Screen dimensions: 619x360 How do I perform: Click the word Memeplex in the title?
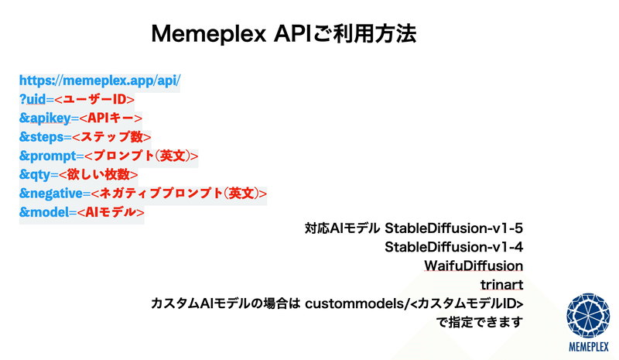pyautogui.click(x=209, y=34)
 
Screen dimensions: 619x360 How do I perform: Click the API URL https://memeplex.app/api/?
pyautogui.click(x=100, y=81)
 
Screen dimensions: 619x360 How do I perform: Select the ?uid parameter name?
pyautogui.click(x=32, y=99)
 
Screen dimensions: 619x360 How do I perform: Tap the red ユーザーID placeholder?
pyautogui.click(x=94, y=99)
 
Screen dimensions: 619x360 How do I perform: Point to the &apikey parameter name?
pyautogui.click(x=45, y=118)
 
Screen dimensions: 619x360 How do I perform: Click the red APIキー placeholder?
pyautogui.click(x=111, y=118)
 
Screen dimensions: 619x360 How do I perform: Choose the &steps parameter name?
pyautogui.click(x=42, y=137)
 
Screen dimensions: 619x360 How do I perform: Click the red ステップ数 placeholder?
pyautogui.click(x=111, y=137)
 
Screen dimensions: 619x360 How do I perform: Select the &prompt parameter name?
pyautogui.click(x=48, y=156)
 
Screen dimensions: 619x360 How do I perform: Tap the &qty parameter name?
pyautogui.click(x=35, y=175)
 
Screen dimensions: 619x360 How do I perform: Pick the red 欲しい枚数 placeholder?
pyautogui.click(x=98, y=174)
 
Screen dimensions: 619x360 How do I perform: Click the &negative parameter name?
pyautogui.click(x=51, y=194)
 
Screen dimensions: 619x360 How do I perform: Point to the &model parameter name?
pyautogui.click(x=44, y=212)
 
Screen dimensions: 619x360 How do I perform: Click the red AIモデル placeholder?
pyautogui.click(x=111, y=212)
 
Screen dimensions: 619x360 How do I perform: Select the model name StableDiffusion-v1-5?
pyautogui.click(x=454, y=228)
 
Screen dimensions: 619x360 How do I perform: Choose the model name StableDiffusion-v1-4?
pyautogui.click(x=454, y=247)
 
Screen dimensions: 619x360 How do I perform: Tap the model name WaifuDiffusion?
pyautogui.click(x=474, y=266)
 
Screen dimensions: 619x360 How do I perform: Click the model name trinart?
pyautogui.click(x=501, y=285)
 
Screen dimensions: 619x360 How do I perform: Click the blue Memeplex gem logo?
pyautogui.click(x=588, y=316)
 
